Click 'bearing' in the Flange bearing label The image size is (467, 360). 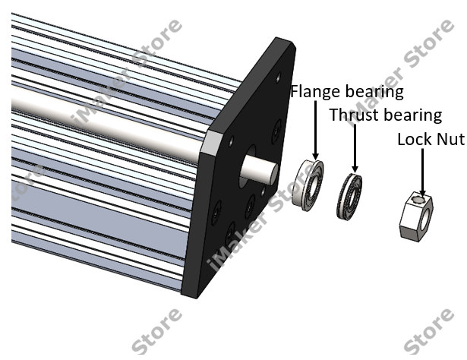click(x=374, y=92)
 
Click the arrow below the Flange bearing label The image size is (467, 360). click(x=316, y=130)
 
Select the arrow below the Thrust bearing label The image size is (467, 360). click(x=355, y=148)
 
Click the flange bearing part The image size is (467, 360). click(x=308, y=185)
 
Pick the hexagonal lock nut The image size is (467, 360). click(x=416, y=216)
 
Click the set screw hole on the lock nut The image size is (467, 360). click(x=419, y=200)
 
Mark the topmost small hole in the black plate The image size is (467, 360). click(x=279, y=78)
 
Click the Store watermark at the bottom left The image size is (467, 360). click(x=157, y=330)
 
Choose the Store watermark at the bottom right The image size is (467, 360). click(x=429, y=330)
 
